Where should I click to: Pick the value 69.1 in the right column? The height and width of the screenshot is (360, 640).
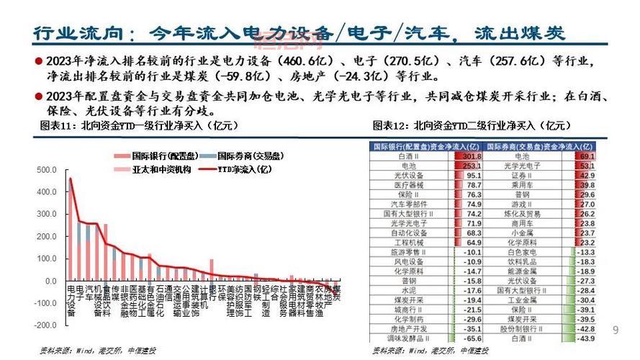pyautogui.click(x=586, y=156)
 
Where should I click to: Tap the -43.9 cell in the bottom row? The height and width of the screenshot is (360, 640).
pyautogui.click(x=585, y=338)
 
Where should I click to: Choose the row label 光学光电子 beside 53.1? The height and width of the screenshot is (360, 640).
pyautogui.click(x=521, y=165)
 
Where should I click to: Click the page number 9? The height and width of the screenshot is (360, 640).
pyautogui.click(x=615, y=330)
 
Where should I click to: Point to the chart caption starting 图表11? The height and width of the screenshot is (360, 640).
pyautogui.click(x=138, y=125)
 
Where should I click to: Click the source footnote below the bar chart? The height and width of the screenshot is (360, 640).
pyautogui.click(x=98, y=351)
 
